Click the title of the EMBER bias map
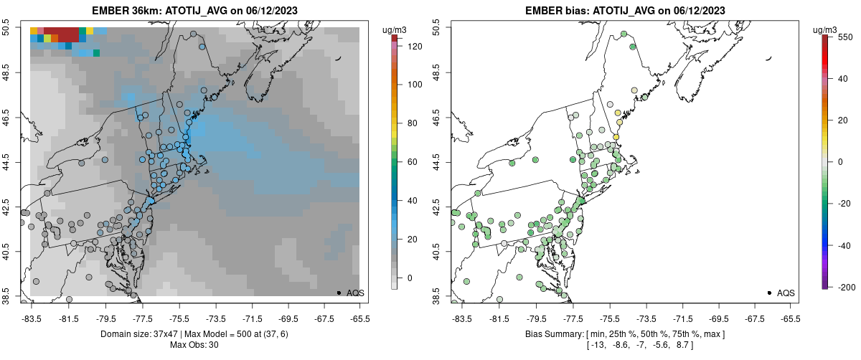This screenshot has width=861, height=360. click(624, 11)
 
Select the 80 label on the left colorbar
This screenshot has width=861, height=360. click(413, 123)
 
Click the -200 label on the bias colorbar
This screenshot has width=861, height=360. click(846, 287)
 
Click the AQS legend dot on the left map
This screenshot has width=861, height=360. click(339, 293)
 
